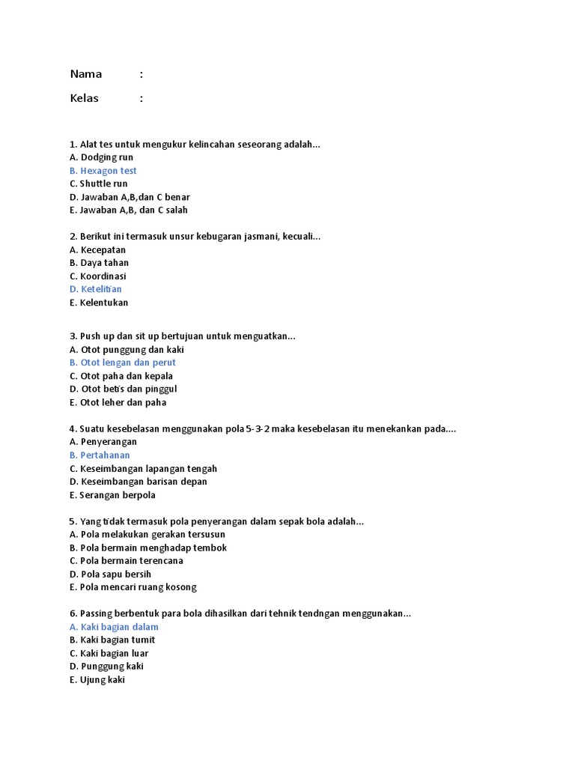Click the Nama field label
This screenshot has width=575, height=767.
pyautogui.click(x=86, y=74)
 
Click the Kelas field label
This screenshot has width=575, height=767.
pyautogui.click(x=85, y=98)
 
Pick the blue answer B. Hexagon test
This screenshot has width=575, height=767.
pyautogui.click(x=103, y=171)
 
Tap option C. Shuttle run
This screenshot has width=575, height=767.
pyautogui.click(x=98, y=184)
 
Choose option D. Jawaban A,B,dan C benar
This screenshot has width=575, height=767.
pyautogui.click(x=130, y=197)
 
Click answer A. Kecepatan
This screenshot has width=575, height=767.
pyautogui.click(x=97, y=249)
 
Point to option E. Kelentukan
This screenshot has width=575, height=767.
pyautogui.click(x=99, y=303)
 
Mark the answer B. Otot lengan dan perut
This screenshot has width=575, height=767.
pyautogui.click(x=123, y=363)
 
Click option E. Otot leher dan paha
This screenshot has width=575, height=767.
pyautogui.click(x=118, y=402)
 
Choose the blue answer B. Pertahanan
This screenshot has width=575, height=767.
pyautogui.click(x=100, y=455)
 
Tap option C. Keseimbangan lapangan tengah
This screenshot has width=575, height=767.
pyautogui.click(x=143, y=469)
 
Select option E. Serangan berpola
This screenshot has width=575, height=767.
pyautogui.click(x=112, y=495)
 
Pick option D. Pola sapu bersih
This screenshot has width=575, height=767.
pyautogui.click(x=111, y=574)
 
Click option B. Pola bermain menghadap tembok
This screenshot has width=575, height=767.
pyautogui.click(x=147, y=548)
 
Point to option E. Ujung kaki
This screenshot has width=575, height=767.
pyautogui.click(x=97, y=679)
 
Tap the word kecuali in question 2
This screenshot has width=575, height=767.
pyautogui.click(x=299, y=237)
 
